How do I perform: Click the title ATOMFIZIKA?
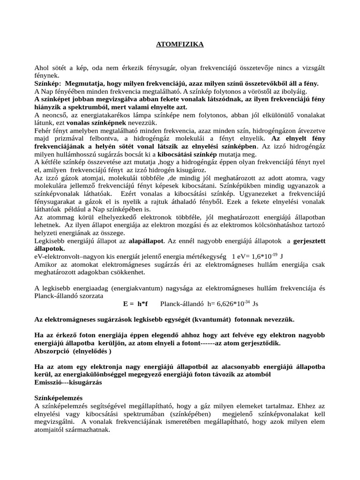click(x=180, y=45)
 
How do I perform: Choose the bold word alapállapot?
click(x=146, y=241)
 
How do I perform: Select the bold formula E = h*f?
click(x=135, y=304)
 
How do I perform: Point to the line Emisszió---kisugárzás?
click(x=68, y=382)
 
